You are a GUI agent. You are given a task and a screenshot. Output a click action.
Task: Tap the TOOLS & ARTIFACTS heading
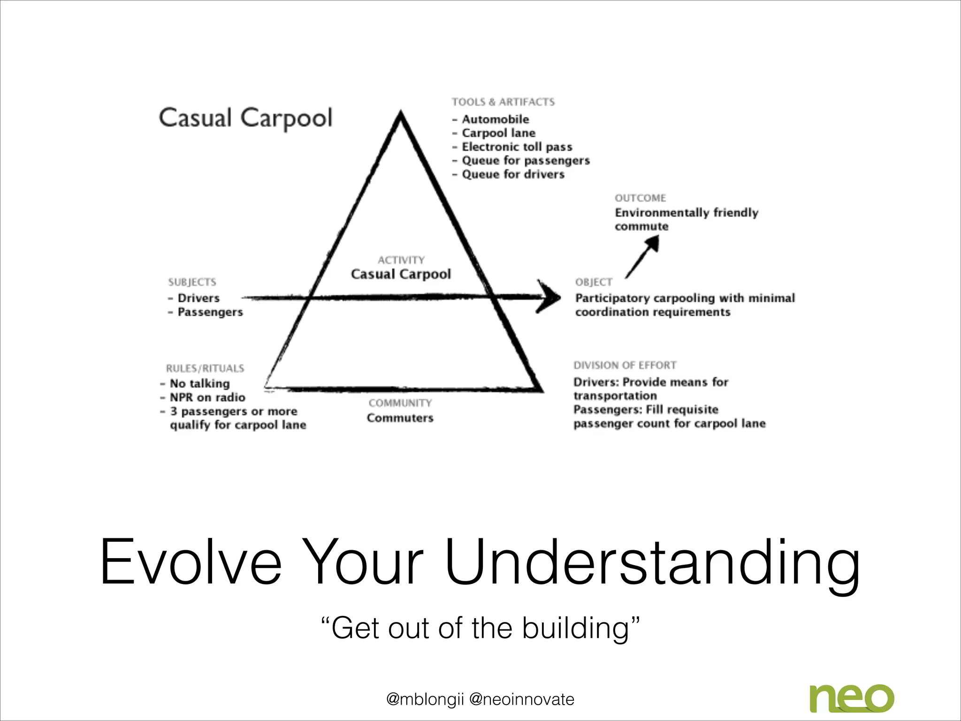(x=503, y=102)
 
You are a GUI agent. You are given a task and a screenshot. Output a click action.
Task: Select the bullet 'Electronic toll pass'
(x=517, y=147)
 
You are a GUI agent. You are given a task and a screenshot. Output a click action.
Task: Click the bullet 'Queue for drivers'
(x=513, y=174)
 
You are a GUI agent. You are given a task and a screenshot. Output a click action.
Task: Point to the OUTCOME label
(x=640, y=198)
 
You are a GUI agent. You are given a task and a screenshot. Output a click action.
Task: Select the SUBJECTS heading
(x=192, y=282)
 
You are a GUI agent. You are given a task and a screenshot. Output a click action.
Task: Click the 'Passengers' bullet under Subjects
(x=210, y=312)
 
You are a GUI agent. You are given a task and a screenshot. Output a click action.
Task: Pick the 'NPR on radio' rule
(x=207, y=398)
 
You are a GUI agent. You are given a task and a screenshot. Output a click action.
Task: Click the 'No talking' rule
(x=199, y=384)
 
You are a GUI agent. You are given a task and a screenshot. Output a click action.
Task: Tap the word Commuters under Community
(x=400, y=418)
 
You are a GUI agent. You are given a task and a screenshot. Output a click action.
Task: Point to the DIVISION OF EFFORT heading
(x=625, y=365)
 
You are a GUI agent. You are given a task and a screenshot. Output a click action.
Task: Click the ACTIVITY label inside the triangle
(x=401, y=260)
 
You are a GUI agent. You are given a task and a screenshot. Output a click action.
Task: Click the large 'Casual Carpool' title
(x=245, y=118)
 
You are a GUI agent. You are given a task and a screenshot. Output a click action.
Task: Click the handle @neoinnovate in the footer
(x=521, y=699)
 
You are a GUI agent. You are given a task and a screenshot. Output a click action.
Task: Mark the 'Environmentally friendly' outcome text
(x=686, y=213)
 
